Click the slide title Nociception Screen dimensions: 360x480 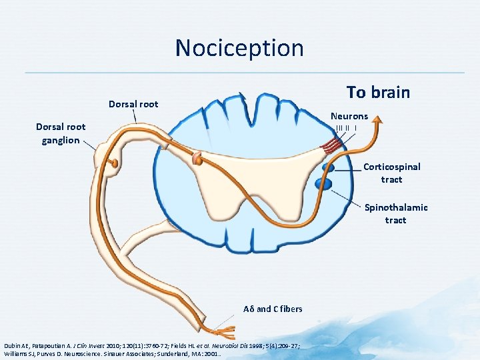point(239,48)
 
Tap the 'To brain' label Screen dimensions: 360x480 point(378,93)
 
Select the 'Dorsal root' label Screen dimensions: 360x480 point(133,104)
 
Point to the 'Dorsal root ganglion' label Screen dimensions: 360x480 point(61,133)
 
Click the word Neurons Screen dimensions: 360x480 point(349,116)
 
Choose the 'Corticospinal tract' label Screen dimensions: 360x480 point(391,173)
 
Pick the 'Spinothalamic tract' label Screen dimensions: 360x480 point(395,213)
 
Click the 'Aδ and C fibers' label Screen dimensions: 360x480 point(273,309)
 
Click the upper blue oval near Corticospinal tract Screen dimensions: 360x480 point(328,167)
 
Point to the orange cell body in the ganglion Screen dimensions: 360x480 point(115,162)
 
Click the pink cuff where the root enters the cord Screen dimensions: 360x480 point(197,159)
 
